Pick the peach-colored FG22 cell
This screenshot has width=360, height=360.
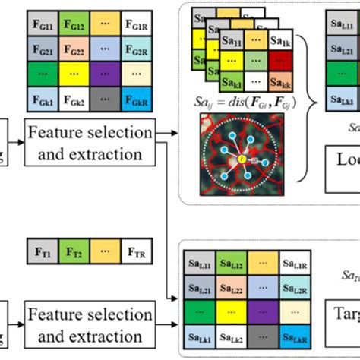[x=78, y=49]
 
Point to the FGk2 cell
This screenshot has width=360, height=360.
[x=78, y=99]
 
